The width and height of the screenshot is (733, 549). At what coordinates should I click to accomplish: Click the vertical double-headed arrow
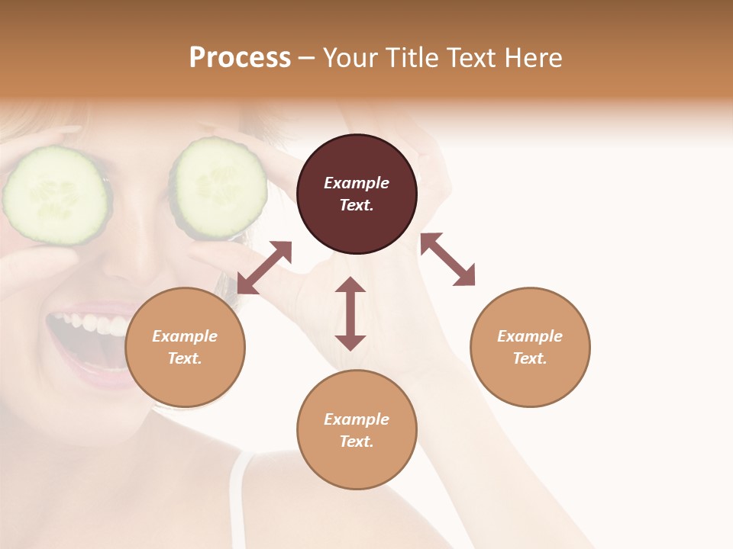tap(350, 313)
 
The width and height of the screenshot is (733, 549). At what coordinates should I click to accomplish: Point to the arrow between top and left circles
tap(264, 268)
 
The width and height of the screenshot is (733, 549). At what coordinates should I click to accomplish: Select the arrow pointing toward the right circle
tap(447, 259)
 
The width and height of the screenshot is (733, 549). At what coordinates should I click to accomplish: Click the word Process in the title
tap(240, 58)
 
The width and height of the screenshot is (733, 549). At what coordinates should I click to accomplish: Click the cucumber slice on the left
tap(55, 195)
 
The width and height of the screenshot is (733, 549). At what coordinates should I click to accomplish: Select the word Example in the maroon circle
tap(357, 183)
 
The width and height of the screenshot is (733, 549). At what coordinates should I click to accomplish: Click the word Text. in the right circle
tap(529, 358)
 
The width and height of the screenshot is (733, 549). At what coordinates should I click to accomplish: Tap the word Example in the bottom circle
tap(357, 419)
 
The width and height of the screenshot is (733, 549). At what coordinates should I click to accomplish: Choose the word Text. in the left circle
tap(185, 358)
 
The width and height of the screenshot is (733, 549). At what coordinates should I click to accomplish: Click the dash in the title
tap(306, 58)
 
